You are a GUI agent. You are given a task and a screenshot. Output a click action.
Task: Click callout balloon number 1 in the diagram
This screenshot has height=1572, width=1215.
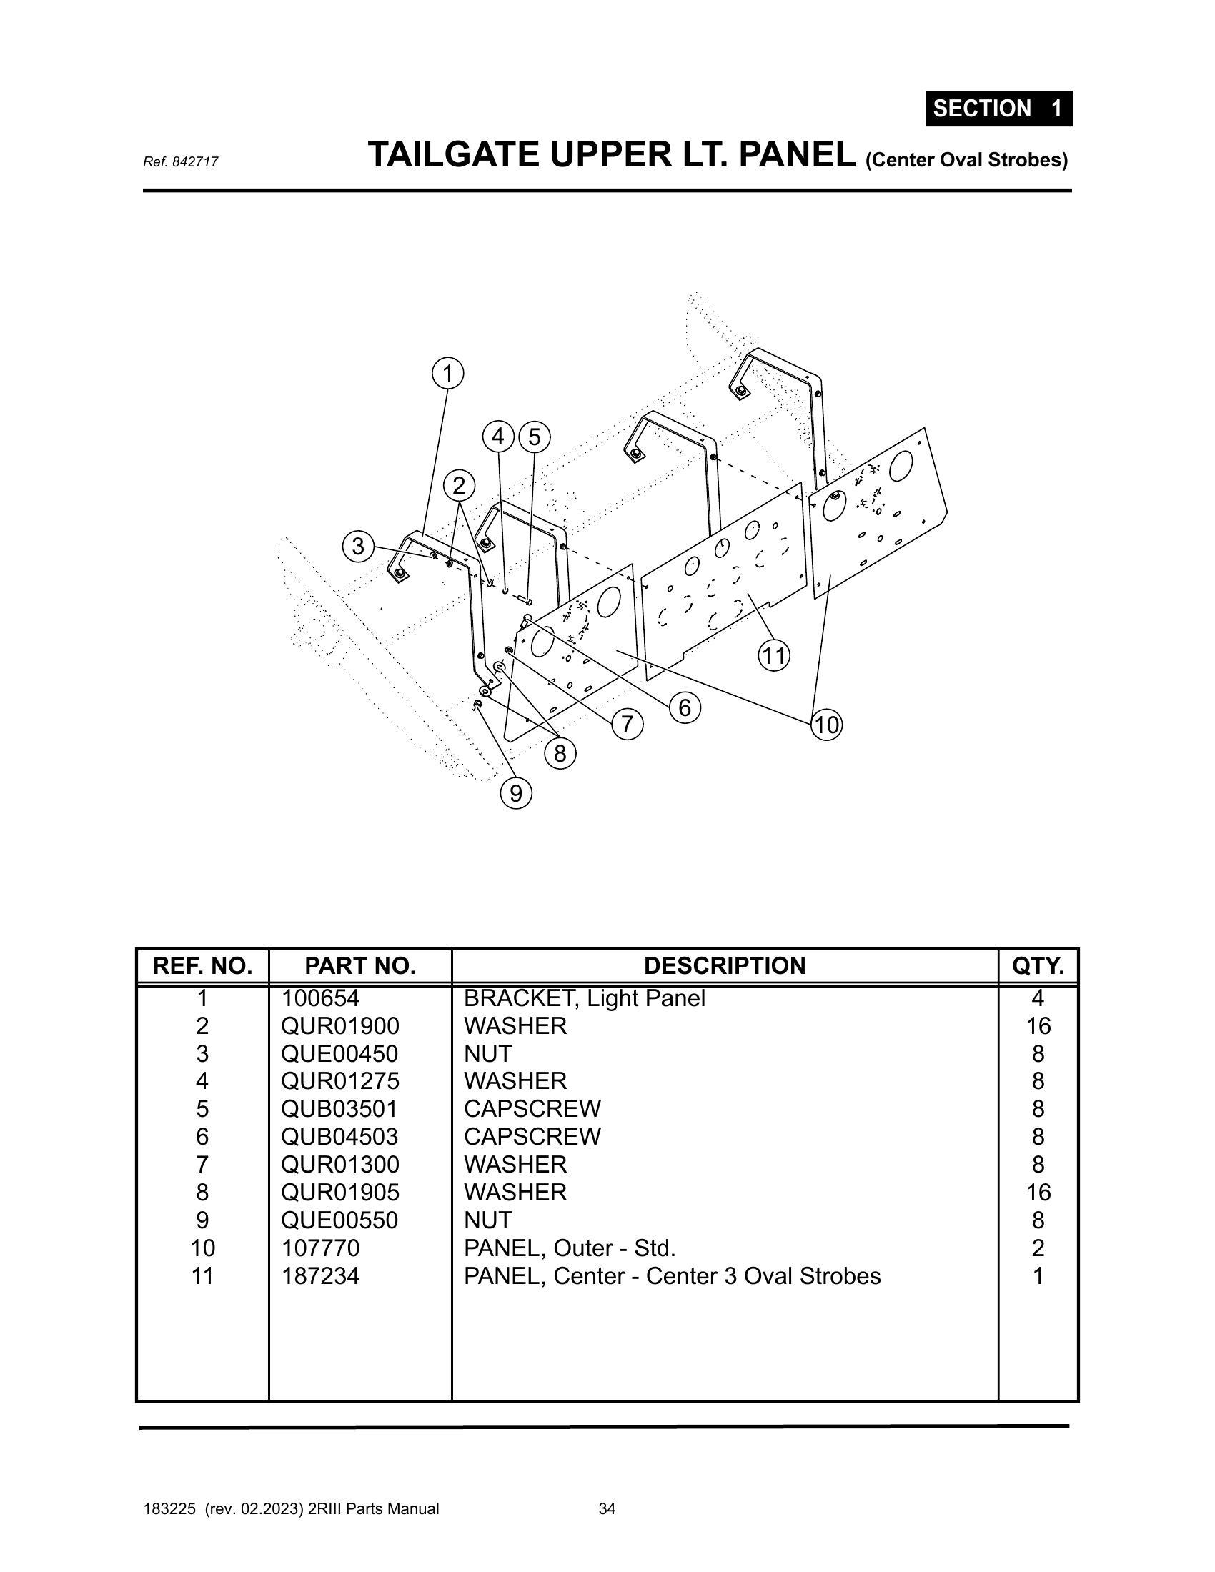pos(447,374)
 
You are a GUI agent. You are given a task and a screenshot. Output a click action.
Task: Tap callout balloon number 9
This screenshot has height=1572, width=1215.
pos(516,793)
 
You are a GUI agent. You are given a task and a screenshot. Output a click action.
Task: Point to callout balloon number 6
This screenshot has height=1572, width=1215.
pos(685,707)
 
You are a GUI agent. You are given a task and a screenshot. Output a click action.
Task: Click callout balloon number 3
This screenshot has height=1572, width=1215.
pos(358,547)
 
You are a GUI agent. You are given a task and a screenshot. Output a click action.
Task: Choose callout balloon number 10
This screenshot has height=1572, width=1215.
pos(827,724)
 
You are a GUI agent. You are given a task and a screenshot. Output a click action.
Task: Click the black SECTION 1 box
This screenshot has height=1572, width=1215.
pos(999,109)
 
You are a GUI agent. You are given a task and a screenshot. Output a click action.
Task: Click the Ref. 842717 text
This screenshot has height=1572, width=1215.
pos(181,163)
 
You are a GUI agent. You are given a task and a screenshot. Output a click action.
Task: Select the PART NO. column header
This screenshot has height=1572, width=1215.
pos(360,966)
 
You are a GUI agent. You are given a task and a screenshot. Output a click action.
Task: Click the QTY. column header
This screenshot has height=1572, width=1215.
pos(1038,966)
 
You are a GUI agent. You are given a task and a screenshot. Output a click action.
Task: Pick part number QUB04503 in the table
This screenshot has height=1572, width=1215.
pos(339,1137)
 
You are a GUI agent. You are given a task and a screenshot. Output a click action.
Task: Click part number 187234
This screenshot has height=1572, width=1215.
pos(319,1276)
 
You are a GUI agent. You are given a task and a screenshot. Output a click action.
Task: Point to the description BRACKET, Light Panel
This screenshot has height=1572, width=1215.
pos(585,998)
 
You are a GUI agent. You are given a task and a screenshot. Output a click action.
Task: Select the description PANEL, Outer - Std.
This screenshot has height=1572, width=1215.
pos(570,1248)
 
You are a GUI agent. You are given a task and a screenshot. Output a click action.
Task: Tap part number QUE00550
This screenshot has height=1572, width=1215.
pos(339,1220)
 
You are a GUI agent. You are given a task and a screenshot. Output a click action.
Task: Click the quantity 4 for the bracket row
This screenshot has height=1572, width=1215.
pos(1038,998)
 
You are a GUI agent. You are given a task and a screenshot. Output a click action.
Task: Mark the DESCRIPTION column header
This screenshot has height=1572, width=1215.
pos(725,966)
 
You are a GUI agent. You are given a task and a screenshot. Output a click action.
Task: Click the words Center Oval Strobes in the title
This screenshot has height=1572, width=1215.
pos(967,160)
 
